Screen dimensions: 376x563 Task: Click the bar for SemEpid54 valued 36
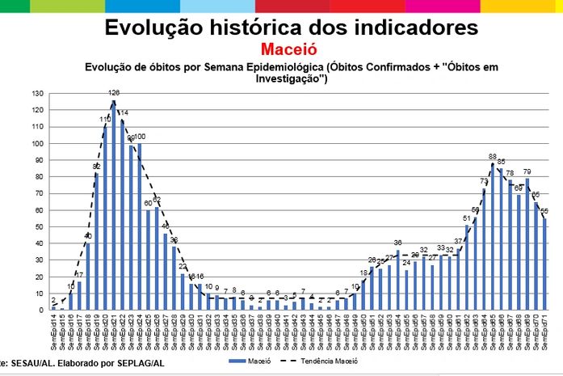point(397,280)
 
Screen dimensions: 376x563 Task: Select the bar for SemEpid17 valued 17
point(79,296)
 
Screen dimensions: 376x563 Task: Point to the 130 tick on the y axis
point(38,94)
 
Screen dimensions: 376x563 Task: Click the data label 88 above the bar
point(492,156)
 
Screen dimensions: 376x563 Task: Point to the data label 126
point(114,92)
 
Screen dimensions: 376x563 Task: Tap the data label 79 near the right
point(527,171)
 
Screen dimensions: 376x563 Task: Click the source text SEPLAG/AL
point(141,364)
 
